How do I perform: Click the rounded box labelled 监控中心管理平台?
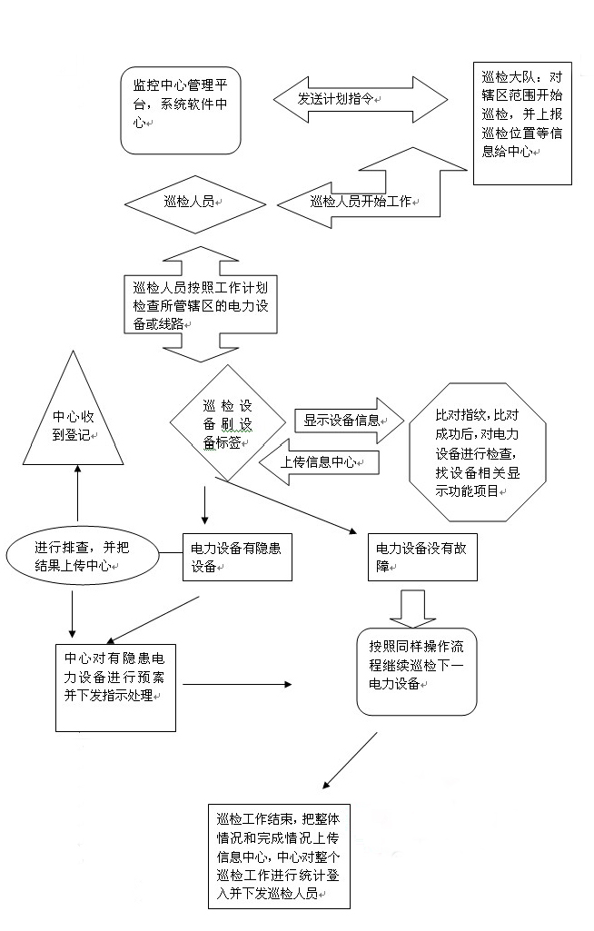(180, 110)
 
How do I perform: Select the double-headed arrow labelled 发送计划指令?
(361, 99)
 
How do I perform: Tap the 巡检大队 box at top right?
(522, 123)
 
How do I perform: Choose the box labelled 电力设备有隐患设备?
(237, 557)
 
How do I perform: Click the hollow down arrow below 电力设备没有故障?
(418, 607)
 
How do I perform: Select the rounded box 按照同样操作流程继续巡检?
(416, 670)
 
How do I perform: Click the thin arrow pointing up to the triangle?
(77, 495)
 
